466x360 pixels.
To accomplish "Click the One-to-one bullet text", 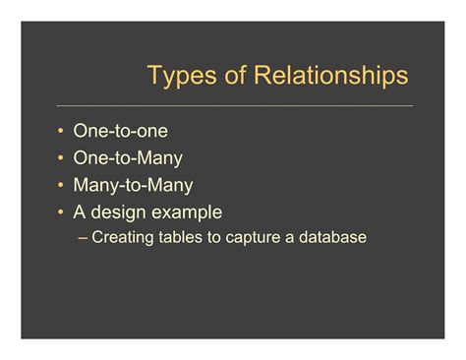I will (x=120, y=131).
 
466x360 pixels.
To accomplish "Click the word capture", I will (x=253, y=237).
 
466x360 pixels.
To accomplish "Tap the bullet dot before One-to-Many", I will (x=61, y=158).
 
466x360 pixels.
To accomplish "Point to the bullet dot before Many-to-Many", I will (x=61, y=186).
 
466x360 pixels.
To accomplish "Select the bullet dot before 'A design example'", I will (x=61, y=212).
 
